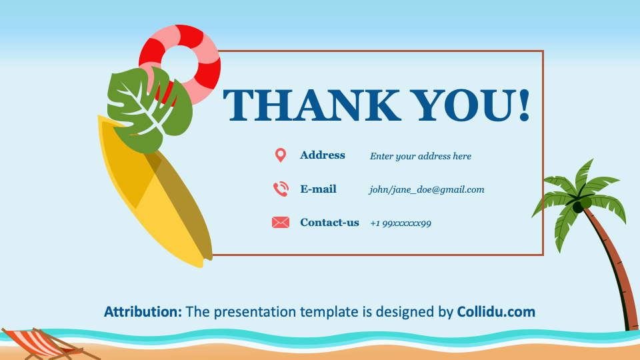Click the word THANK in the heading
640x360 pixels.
pos(312,105)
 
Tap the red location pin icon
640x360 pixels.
pos(281,155)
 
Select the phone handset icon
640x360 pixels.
pos(281,189)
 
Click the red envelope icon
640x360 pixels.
pos(281,223)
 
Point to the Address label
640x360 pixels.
pos(323,155)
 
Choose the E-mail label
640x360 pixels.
pos(319,189)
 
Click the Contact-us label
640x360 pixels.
pos(329,223)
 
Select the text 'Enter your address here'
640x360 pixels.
pos(421,156)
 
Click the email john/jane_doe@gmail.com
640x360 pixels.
pos(427,190)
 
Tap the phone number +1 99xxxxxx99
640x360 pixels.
pos(401,223)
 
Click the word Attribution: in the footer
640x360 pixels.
pos(143,312)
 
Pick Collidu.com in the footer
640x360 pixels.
pos(496,312)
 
